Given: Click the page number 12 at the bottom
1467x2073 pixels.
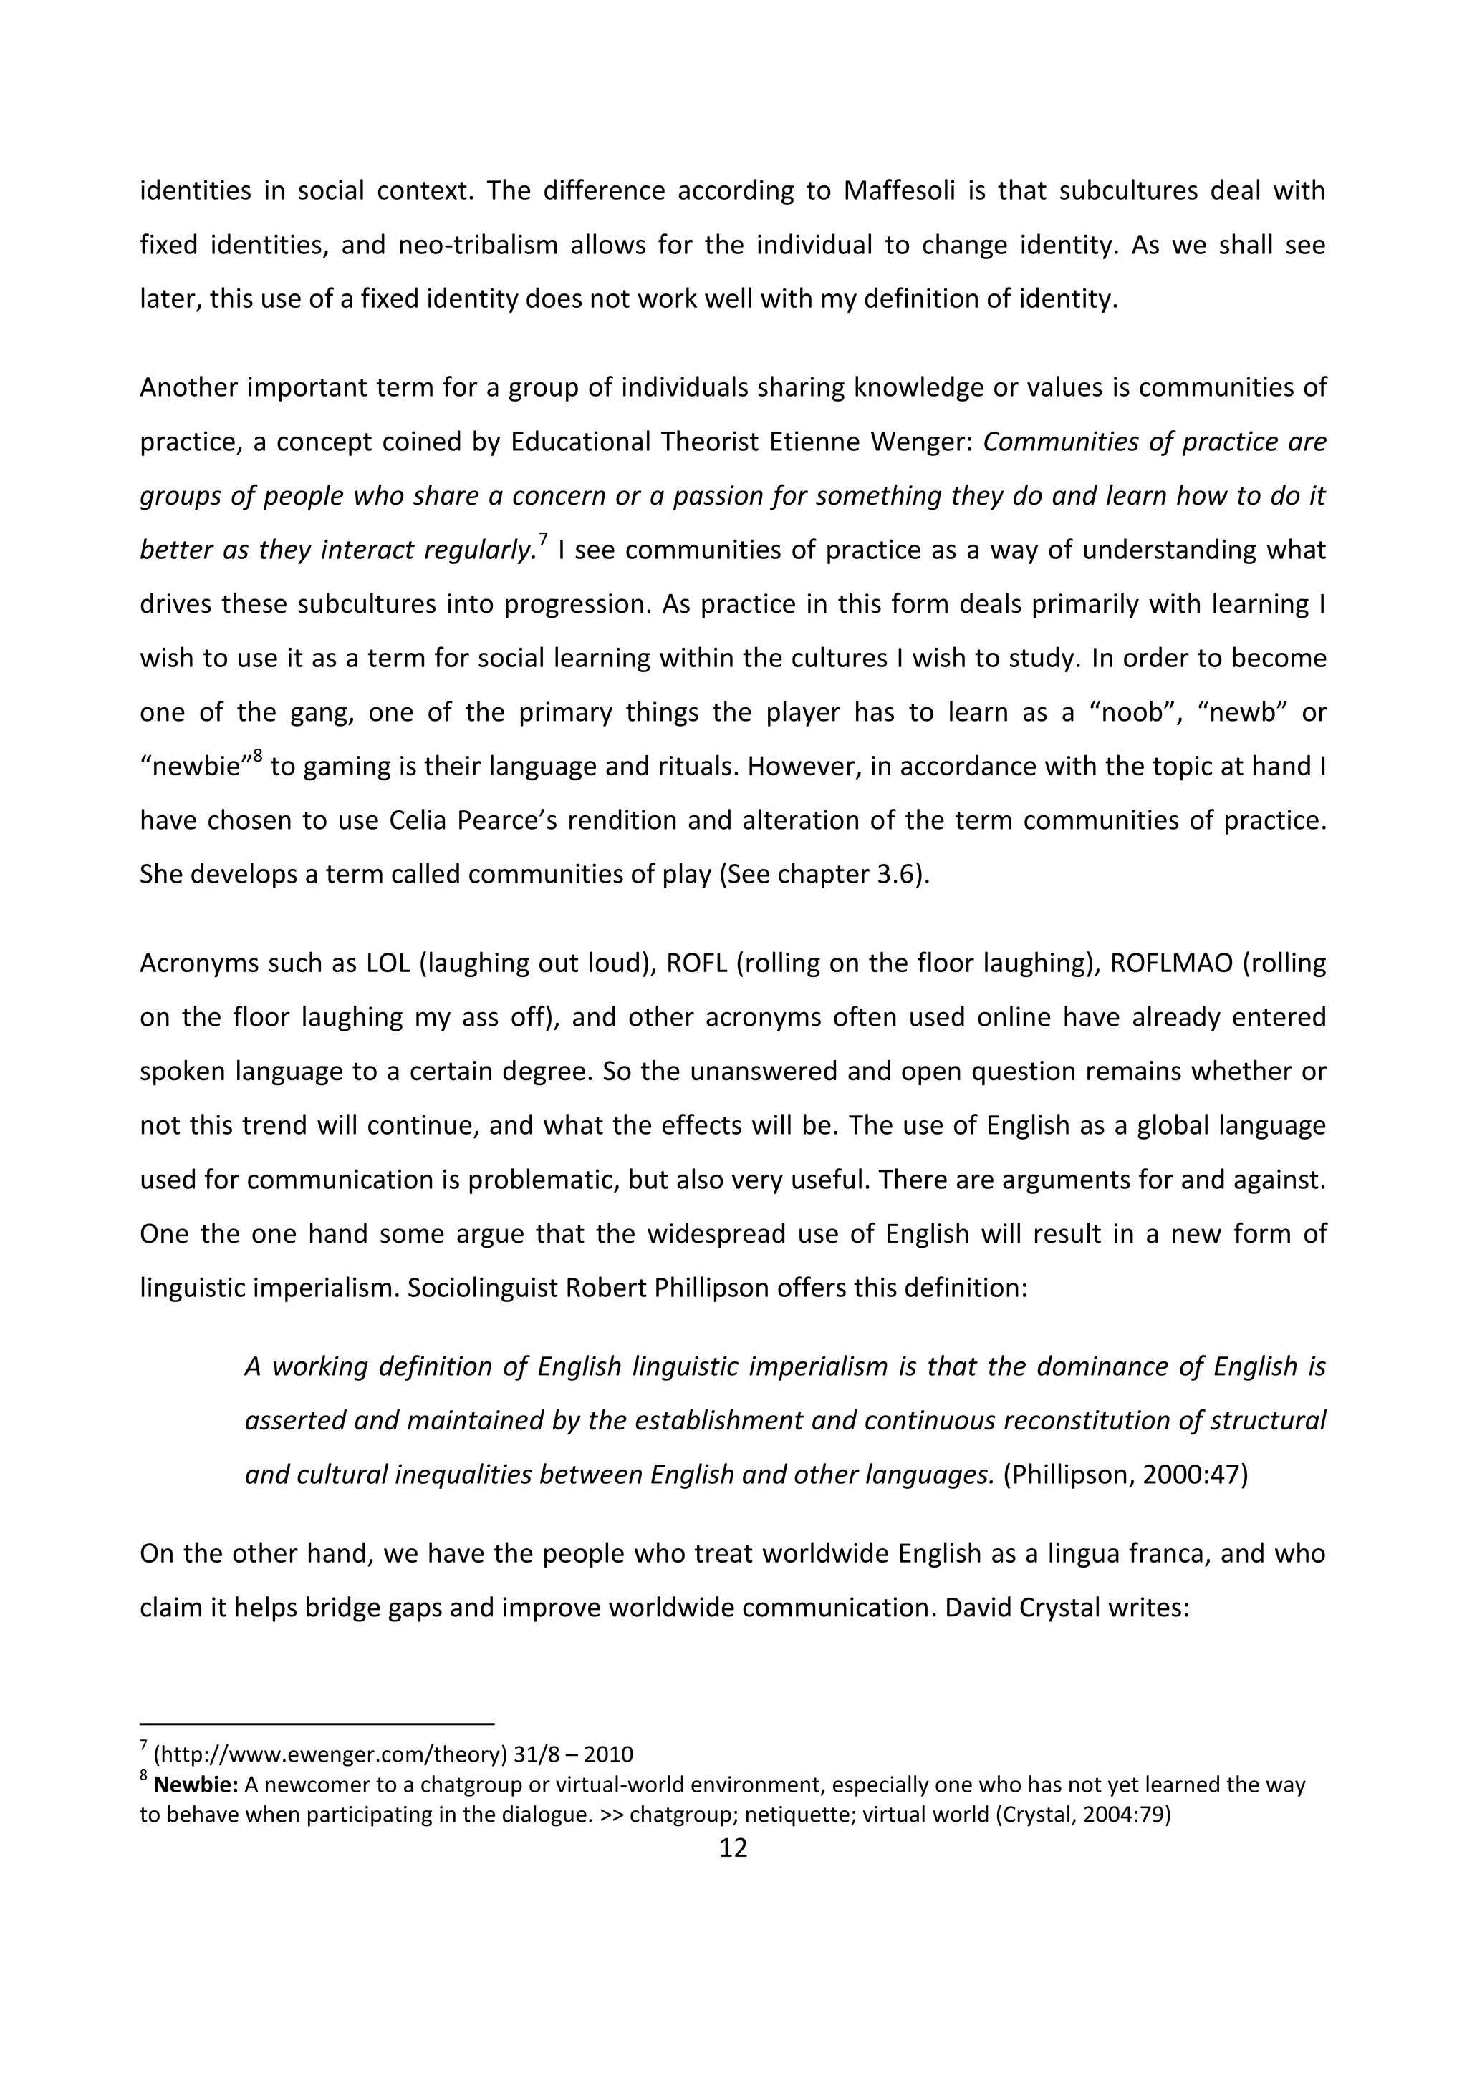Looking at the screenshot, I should click(733, 1848).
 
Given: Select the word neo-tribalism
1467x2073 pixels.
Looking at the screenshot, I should click(478, 246).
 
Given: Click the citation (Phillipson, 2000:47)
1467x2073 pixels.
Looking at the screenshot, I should click(1125, 1475).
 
